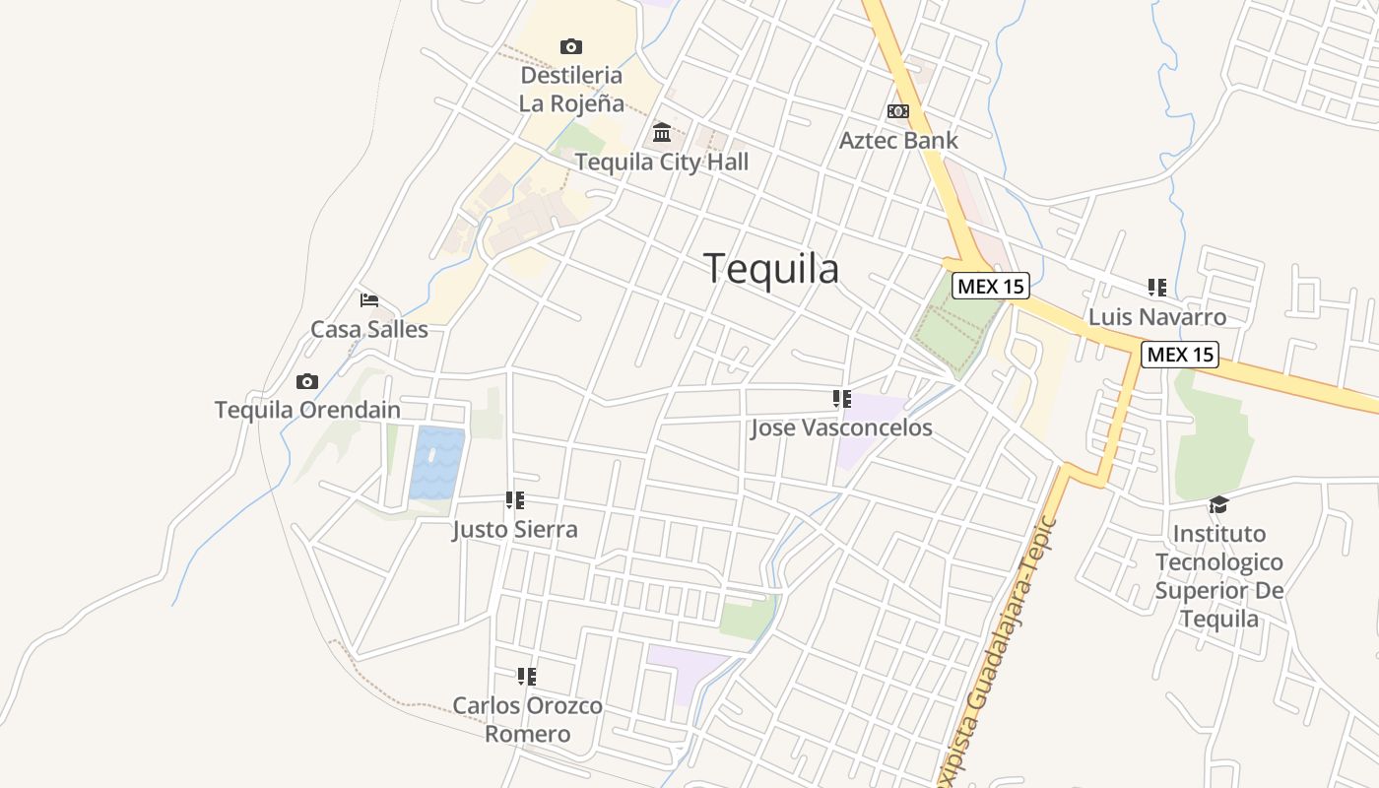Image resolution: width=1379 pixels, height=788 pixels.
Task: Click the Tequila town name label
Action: point(771,268)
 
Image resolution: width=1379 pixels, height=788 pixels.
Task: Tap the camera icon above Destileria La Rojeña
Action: point(570,46)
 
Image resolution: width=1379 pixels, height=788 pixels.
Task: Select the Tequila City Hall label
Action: point(661,163)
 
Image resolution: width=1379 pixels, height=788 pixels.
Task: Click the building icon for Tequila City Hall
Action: point(662,132)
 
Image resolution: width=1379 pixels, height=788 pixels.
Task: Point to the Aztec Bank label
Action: point(897,140)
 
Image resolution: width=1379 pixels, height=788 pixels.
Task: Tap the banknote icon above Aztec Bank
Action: point(897,111)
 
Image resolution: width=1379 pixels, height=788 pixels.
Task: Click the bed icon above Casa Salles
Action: point(369,300)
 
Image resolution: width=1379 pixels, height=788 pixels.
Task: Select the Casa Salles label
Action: point(369,329)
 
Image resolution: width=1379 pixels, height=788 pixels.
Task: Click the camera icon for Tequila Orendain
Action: point(307,381)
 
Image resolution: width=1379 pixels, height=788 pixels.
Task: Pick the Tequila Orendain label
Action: point(307,410)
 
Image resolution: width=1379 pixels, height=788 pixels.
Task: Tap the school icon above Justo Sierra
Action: point(514,500)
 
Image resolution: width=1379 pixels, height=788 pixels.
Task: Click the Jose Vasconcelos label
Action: point(841,427)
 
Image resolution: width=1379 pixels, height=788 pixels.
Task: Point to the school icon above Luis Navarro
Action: point(1156,288)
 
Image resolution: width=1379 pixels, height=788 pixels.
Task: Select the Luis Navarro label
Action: point(1156,316)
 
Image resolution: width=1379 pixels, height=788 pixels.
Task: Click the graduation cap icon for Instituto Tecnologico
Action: point(1218,504)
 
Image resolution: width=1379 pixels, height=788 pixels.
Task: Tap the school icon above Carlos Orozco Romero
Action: point(527,677)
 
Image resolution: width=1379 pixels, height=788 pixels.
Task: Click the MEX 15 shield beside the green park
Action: point(990,287)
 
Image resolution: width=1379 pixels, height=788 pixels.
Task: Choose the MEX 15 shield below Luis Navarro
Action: point(1179,355)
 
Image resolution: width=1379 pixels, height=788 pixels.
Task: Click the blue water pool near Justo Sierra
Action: point(436,463)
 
